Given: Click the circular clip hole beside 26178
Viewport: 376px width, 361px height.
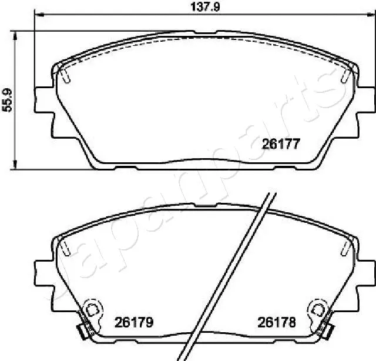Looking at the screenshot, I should (x=317, y=307).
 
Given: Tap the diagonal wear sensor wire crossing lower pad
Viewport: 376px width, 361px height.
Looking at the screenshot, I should (x=229, y=276).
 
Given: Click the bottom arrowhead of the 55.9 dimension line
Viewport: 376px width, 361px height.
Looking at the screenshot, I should (x=16, y=166).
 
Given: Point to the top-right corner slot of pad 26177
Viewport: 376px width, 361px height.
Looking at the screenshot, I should (x=345, y=76).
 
